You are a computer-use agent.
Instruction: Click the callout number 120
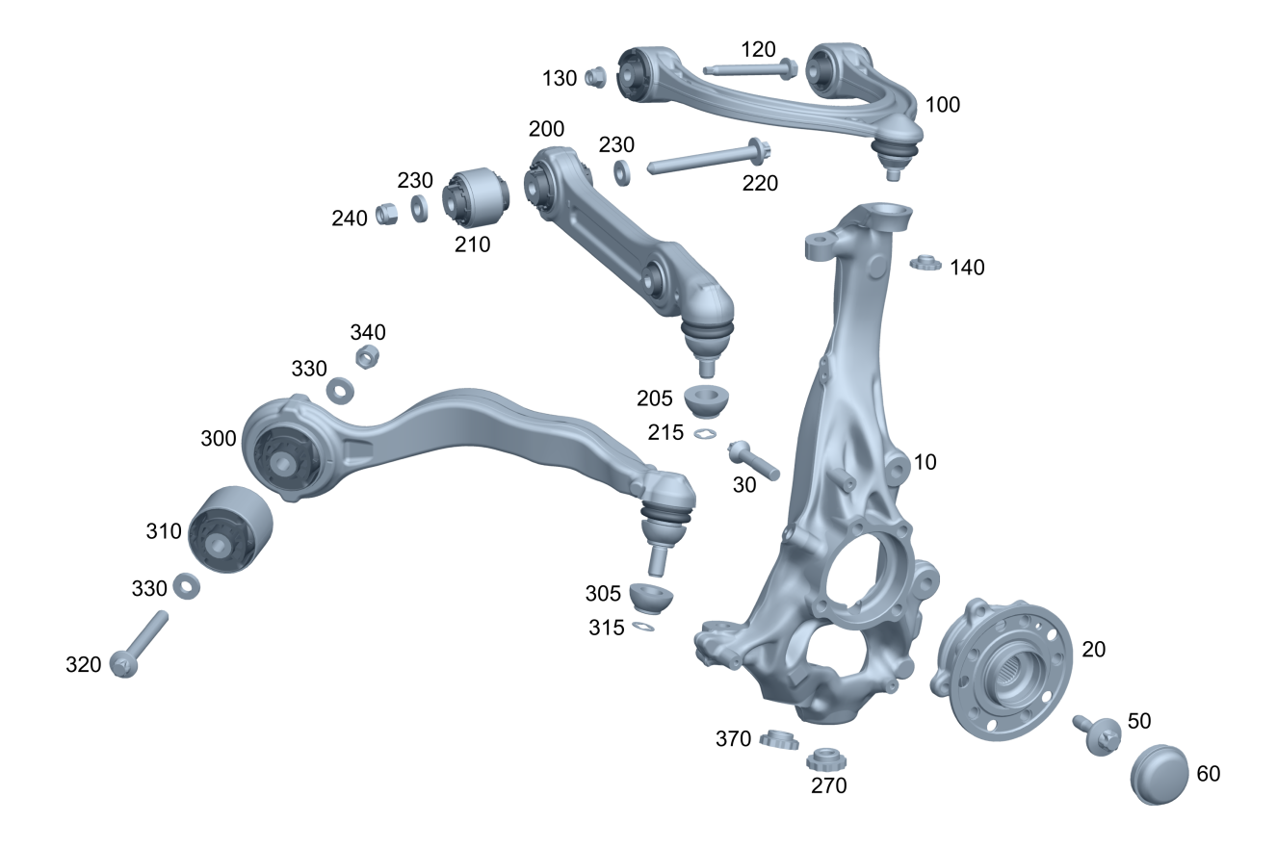click(758, 50)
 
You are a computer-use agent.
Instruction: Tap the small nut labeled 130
click(595, 77)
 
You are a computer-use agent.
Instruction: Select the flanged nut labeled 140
click(925, 264)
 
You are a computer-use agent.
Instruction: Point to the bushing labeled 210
click(476, 196)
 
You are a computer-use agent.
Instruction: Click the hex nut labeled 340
click(367, 356)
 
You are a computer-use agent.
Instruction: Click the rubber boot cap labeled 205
click(706, 401)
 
